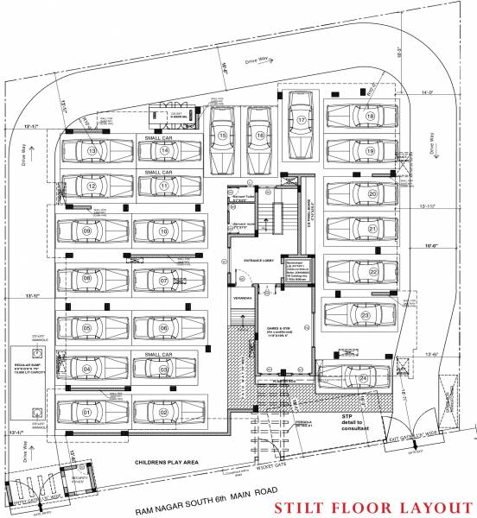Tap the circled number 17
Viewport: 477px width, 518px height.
[302, 119]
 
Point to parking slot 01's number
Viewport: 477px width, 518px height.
[87, 413]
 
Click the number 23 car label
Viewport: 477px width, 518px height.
[366, 316]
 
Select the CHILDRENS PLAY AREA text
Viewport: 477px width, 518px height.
[167, 463]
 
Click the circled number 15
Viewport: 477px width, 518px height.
[223, 136]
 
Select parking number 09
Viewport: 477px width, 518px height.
[87, 231]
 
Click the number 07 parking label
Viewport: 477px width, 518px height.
[163, 281]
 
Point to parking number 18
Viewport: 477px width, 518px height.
[370, 117]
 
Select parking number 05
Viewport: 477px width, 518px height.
[87, 329]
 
